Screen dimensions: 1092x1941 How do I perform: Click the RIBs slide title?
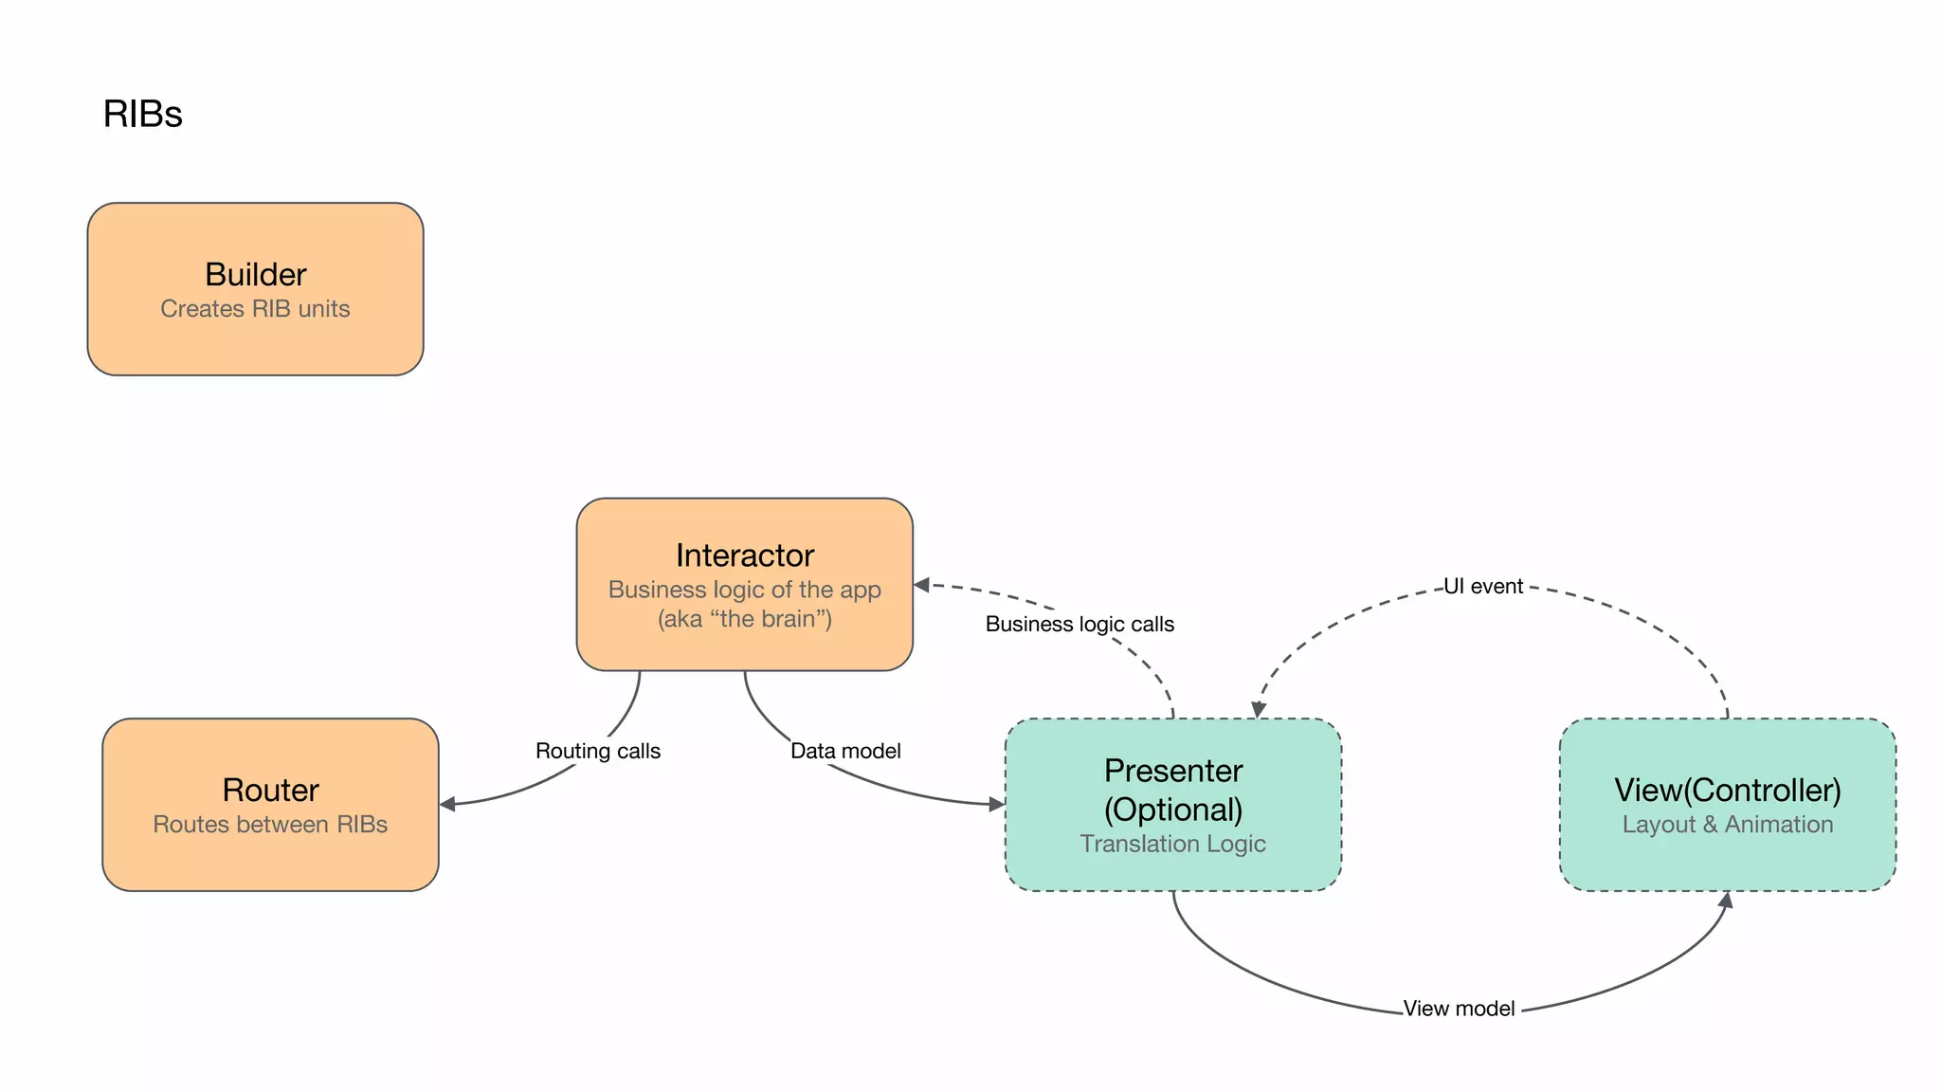point(142,114)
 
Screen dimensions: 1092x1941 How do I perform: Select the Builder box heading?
point(255,275)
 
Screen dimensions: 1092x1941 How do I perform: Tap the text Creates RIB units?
point(255,309)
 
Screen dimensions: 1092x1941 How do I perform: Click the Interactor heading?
point(745,555)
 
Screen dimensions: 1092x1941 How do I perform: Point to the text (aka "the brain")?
point(745,619)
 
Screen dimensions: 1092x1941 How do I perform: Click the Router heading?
point(270,790)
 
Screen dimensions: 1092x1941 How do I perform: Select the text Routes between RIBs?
point(270,825)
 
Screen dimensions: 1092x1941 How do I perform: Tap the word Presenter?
point(1172,771)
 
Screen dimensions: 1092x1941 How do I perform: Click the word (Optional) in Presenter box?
point(1172,810)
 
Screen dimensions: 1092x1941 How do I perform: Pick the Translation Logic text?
point(1172,844)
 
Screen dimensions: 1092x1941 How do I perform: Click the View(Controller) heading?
point(1727,790)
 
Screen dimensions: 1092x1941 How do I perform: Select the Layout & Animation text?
point(1727,825)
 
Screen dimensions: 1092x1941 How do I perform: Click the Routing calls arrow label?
point(597,751)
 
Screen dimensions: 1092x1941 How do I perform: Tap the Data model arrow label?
point(845,751)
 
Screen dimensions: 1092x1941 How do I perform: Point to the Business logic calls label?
point(1079,624)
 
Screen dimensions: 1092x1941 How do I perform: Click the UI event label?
point(1483,587)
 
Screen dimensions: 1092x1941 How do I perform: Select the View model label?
point(1459,1009)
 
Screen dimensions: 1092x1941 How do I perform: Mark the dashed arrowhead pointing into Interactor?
point(921,585)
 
